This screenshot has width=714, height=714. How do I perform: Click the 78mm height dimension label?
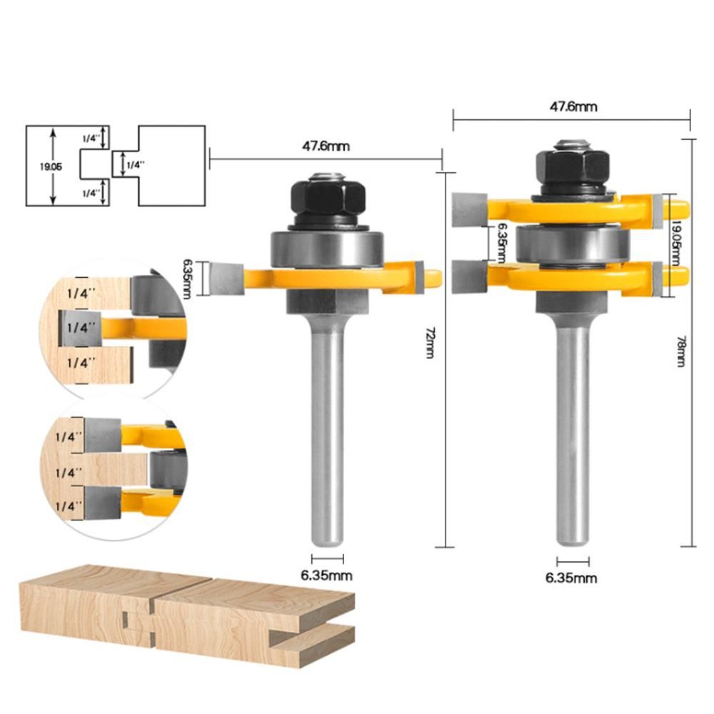(x=680, y=351)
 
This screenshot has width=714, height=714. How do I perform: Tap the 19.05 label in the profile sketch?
(x=51, y=166)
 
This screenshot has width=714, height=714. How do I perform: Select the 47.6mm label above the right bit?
(x=573, y=106)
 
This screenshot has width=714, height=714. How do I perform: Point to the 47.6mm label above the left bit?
(x=326, y=146)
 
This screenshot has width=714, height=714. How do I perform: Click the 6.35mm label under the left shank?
(x=326, y=575)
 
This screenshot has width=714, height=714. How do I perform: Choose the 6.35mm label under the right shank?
(x=571, y=578)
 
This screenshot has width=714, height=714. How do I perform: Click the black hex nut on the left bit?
(x=328, y=199)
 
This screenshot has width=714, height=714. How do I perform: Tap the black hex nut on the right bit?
(x=573, y=167)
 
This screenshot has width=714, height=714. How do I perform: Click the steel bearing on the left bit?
(x=327, y=248)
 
